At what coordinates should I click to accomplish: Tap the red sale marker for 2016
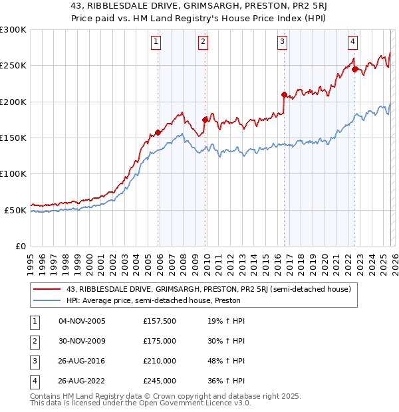tap(284, 94)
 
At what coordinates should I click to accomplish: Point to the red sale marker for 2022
tap(354, 68)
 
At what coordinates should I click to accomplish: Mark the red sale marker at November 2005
tap(158, 132)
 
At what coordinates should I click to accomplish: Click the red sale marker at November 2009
tap(205, 120)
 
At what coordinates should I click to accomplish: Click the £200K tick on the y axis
tap(13, 102)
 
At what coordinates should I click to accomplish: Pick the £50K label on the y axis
tap(15, 210)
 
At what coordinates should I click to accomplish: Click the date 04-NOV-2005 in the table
tap(82, 322)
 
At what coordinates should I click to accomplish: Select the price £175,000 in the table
tap(160, 342)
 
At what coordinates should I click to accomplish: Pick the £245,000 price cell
tap(160, 381)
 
